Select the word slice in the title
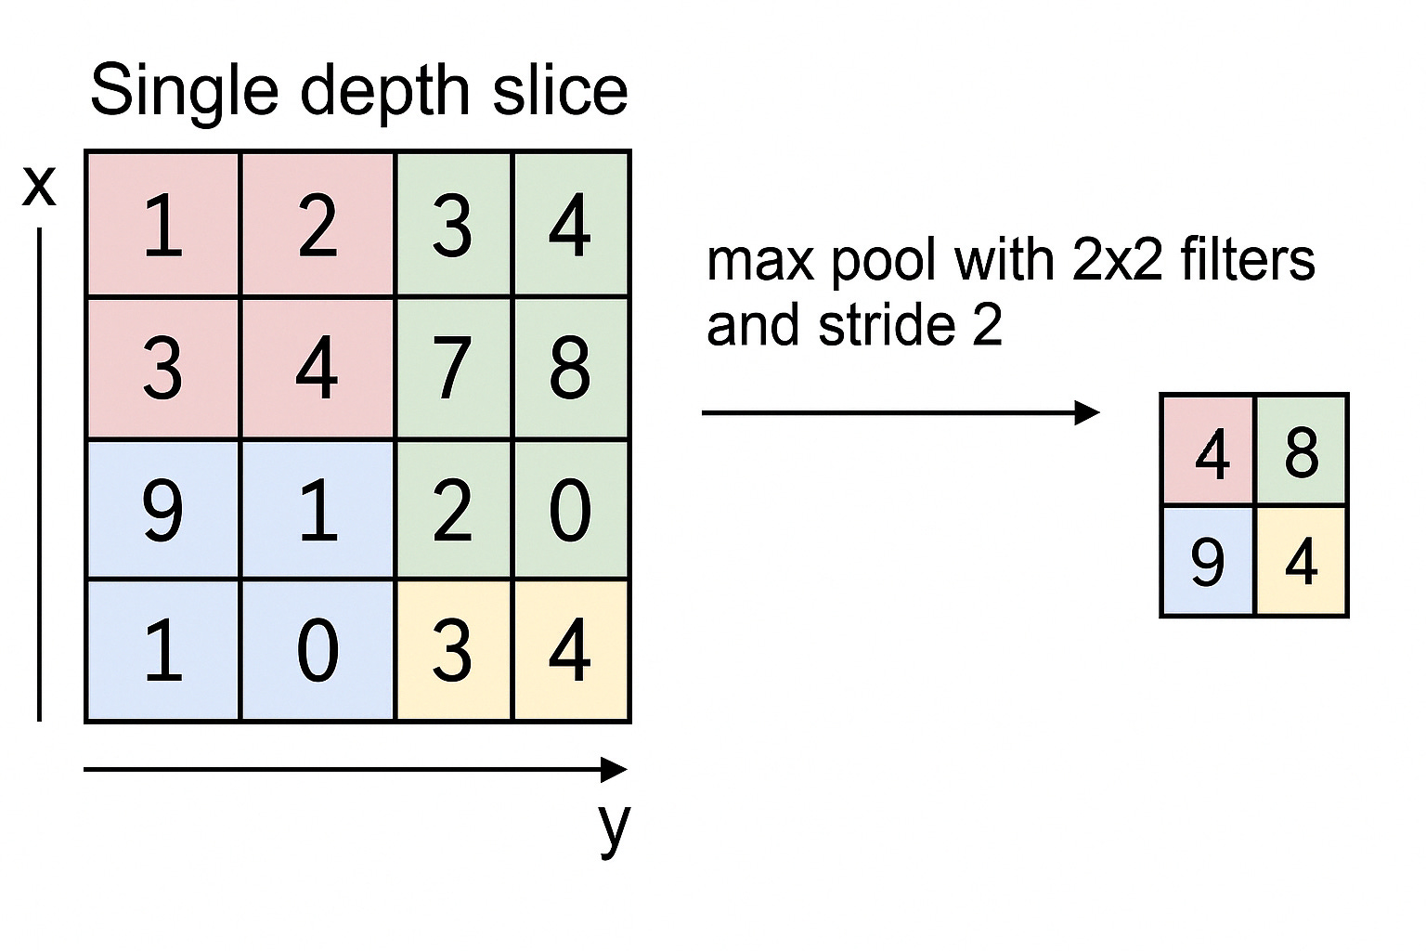tap(560, 91)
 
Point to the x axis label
tap(39, 185)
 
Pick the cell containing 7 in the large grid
tap(453, 368)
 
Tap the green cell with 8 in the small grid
tap(1301, 452)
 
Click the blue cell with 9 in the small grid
tap(1208, 561)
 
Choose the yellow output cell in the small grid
tap(1301, 561)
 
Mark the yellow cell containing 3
tap(453, 650)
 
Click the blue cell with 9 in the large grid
tap(162, 509)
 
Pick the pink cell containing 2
tap(318, 226)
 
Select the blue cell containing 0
tap(318, 650)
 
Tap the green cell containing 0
tap(570, 509)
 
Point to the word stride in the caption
tap(887, 326)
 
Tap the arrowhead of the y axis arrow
tap(615, 769)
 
